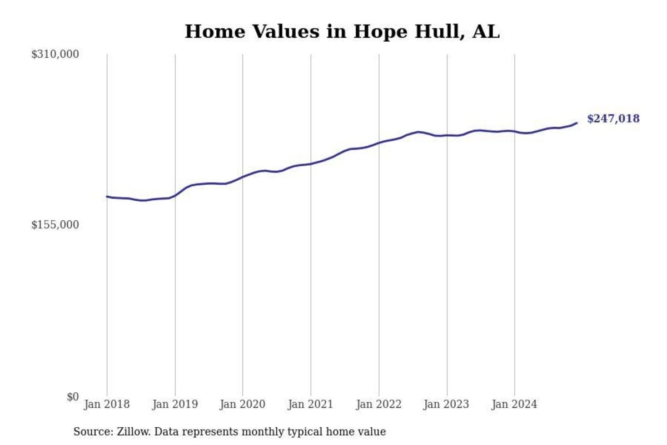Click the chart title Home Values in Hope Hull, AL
click(342, 32)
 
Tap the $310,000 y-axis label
click(55, 55)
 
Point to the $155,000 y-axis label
click(55, 225)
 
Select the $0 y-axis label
click(73, 397)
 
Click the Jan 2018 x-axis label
click(107, 404)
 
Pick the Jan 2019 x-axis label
click(175, 404)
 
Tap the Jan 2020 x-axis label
click(243, 404)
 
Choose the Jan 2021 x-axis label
click(311, 404)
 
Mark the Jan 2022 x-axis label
click(379, 404)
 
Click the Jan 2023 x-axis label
click(446, 404)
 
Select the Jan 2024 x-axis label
click(514, 404)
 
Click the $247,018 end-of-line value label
click(613, 119)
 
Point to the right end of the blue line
click(576, 123)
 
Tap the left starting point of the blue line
click(107, 196)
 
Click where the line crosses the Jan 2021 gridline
click(311, 164)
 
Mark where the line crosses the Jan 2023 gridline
click(447, 135)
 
